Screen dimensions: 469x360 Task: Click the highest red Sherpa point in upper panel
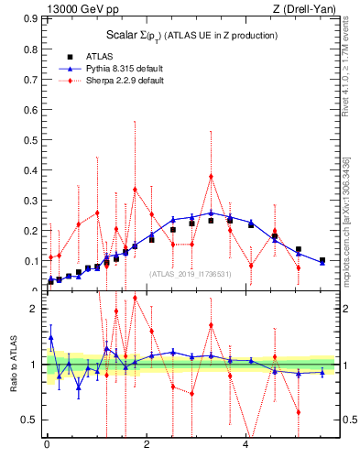[211, 176]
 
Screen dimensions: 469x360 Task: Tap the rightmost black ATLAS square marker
[322, 260]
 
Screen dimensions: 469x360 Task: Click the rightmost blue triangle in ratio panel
[322, 373]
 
